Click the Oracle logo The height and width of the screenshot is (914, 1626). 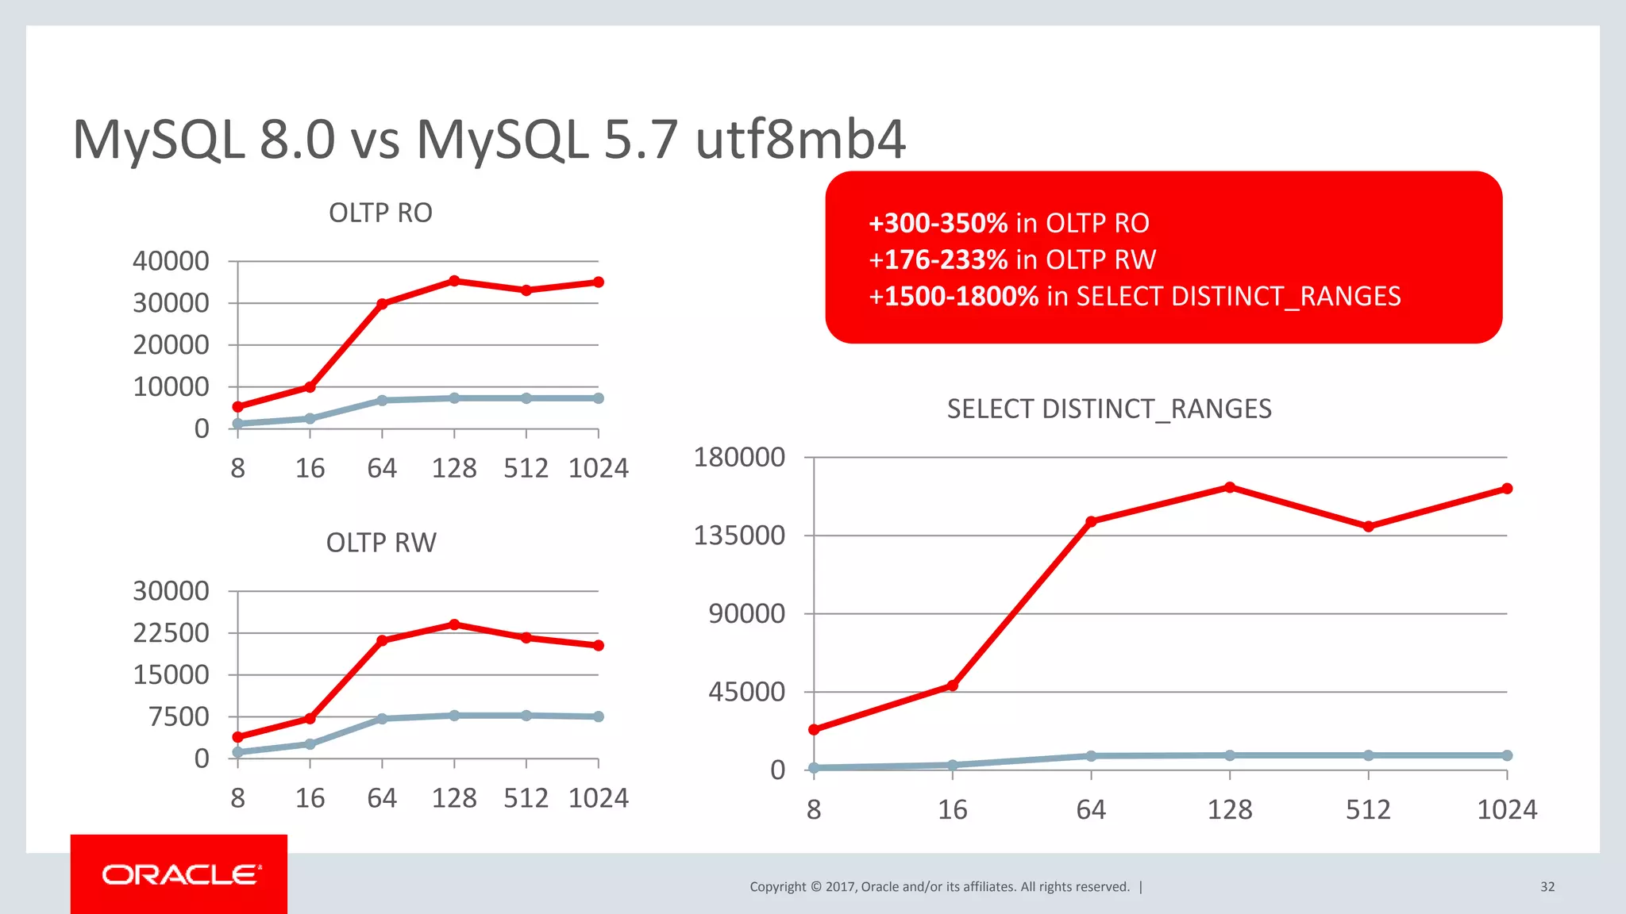[x=181, y=874]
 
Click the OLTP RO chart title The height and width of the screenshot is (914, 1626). [x=380, y=213]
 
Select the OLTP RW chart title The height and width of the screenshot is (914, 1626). [x=381, y=543]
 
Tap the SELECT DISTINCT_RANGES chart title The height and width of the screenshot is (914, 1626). [x=1109, y=409]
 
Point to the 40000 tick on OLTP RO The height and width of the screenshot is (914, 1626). [x=171, y=261]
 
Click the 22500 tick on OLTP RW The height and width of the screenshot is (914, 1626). [x=171, y=633]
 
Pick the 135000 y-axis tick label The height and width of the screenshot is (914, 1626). [x=739, y=536]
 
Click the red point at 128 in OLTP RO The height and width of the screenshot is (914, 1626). [x=454, y=281]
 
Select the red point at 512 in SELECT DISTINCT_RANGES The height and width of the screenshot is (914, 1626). [x=1369, y=527]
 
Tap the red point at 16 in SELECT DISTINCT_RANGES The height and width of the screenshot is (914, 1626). [x=953, y=685]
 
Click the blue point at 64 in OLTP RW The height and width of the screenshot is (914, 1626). [x=382, y=719]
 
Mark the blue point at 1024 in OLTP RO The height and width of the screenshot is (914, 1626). [x=599, y=398]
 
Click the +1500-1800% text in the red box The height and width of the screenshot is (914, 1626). [x=954, y=297]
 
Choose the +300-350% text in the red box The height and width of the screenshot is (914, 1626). [x=938, y=224]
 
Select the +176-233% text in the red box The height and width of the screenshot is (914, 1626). [x=938, y=260]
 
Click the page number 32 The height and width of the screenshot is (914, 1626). [x=1547, y=887]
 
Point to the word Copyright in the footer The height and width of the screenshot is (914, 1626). [x=777, y=887]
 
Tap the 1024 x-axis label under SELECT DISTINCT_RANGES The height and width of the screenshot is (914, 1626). [x=1506, y=810]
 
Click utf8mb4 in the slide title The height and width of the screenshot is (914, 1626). [x=800, y=140]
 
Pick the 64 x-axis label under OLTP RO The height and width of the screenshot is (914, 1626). [x=382, y=469]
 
